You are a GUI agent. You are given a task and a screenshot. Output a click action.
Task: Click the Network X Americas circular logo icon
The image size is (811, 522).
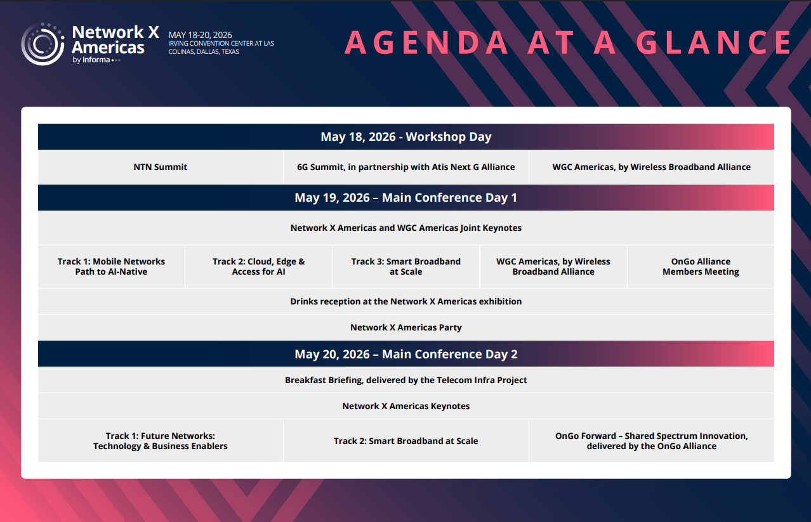point(43,44)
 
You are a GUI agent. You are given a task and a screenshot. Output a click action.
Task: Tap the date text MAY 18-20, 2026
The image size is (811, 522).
point(200,35)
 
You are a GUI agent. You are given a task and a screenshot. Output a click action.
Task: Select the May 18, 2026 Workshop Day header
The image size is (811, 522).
point(406,137)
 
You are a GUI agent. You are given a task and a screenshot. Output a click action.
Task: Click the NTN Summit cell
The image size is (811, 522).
point(161,167)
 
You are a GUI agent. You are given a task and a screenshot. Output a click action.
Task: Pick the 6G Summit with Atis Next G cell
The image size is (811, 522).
point(406,167)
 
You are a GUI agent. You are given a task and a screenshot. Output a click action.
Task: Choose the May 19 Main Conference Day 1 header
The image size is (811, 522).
point(406,198)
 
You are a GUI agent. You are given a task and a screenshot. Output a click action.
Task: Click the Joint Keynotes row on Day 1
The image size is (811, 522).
point(406,228)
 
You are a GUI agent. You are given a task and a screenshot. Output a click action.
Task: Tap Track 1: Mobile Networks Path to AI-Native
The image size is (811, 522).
point(111,266)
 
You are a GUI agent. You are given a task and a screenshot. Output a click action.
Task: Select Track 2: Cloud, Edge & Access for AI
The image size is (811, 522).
point(258,266)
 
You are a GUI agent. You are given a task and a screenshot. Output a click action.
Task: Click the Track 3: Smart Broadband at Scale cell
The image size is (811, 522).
point(406,266)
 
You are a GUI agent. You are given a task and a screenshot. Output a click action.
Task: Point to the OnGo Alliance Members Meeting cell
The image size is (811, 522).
point(701,266)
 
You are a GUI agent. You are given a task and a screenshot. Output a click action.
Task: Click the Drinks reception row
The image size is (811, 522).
point(406,301)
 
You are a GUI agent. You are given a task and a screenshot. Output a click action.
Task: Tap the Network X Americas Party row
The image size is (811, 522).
point(406,327)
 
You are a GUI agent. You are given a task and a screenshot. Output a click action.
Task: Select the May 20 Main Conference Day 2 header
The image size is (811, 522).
point(406,354)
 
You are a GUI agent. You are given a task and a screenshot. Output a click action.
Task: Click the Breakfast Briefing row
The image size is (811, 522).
point(406,380)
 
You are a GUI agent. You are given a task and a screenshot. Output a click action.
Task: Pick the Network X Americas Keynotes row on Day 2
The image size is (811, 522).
point(406,406)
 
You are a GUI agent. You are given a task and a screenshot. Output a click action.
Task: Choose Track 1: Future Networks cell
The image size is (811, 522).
point(161,441)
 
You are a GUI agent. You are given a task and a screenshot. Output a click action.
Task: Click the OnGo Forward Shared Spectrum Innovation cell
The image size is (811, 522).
point(651,441)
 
